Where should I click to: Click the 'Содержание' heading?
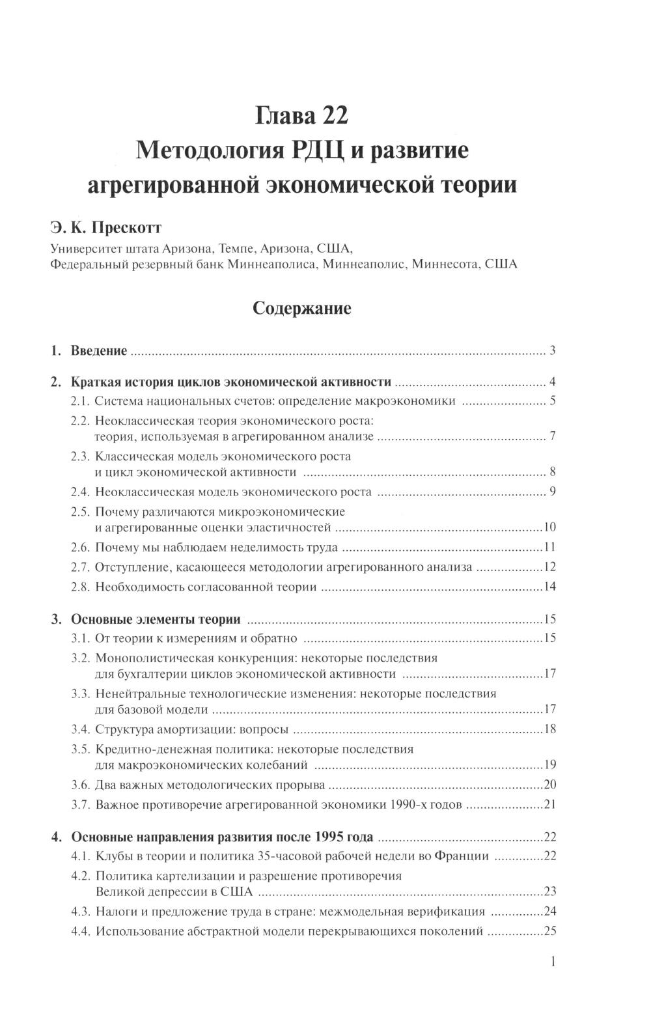click(301, 308)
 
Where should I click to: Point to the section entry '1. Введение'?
click(89, 351)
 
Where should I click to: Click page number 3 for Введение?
click(552, 351)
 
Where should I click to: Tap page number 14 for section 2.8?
click(549, 587)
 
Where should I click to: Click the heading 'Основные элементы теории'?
click(156, 619)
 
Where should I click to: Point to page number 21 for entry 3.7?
click(549, 805)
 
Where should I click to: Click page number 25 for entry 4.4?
click(549, 931)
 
